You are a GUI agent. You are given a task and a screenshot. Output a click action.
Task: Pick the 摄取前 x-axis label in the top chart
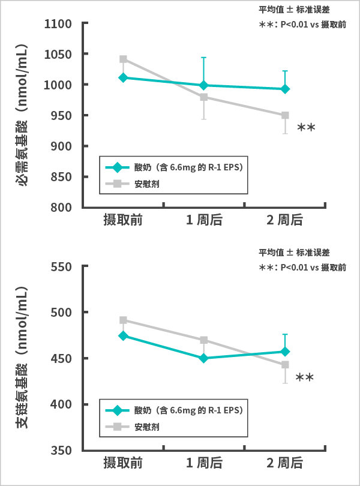click(x=122, y=221)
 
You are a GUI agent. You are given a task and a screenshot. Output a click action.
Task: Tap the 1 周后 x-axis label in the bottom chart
click(x=204, y=463)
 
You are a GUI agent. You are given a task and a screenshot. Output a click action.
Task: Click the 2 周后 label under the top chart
click(x=285, y=221)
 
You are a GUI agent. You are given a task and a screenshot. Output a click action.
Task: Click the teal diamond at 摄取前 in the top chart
click(x=123, y=77)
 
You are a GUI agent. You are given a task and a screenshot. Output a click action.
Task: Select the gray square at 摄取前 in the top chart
click(x=123, y=59)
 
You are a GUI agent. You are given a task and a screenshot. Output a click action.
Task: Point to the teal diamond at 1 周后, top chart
click(x=204, y=85)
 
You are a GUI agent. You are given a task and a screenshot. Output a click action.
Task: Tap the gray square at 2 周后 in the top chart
click(x=285, y=115)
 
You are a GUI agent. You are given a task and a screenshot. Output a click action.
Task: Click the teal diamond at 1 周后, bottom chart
click(x=204, y=358)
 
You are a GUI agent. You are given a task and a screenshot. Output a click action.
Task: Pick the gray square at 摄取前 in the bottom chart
click(x=123, y=320)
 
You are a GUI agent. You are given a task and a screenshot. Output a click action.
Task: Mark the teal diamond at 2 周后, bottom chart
click(x=285, y=352)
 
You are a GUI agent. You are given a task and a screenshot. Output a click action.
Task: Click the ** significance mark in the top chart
click(x=306, y=128)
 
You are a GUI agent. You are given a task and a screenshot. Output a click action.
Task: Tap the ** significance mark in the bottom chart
click(x=305, y=378)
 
